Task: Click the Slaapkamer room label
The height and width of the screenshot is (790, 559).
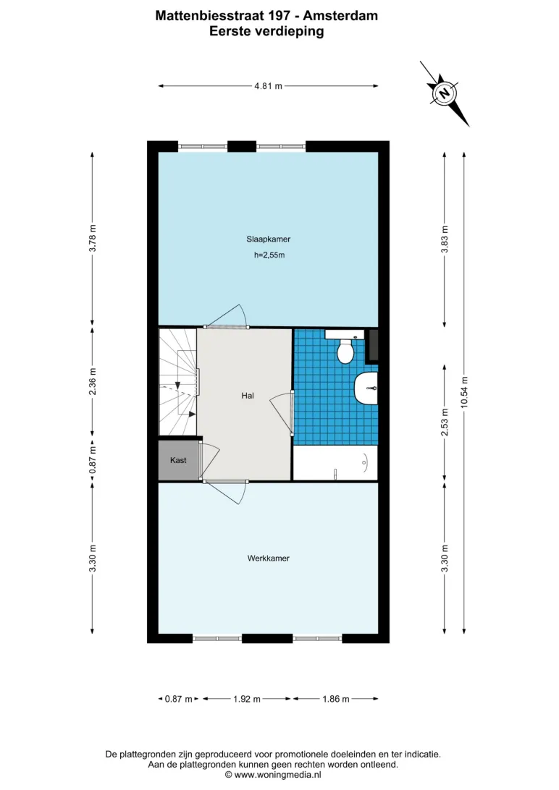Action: [268, 239]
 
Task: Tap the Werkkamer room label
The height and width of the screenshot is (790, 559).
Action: [268, 558]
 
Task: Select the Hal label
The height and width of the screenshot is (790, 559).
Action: [248, 396]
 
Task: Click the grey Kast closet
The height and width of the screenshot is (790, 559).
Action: [178, 460]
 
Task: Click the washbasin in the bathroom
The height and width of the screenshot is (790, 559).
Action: [366, 388]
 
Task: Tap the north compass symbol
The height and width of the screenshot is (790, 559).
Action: [444, 94]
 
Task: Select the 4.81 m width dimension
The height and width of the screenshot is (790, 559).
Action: [268, 86]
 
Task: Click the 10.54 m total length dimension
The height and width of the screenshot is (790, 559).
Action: [464, 393]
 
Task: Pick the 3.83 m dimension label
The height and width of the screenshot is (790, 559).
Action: [445, 240]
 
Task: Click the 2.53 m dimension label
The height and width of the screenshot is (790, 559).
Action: [445, 422]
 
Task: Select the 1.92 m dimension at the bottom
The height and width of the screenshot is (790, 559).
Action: [246, 699]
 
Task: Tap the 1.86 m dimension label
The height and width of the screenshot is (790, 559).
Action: [336, 699]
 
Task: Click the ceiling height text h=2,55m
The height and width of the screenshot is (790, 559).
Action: [269, 255]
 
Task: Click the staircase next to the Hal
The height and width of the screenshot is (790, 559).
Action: [178, 382]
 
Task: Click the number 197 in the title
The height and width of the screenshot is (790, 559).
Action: [279, 16]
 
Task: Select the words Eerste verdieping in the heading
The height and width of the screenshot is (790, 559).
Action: [266, 32]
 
